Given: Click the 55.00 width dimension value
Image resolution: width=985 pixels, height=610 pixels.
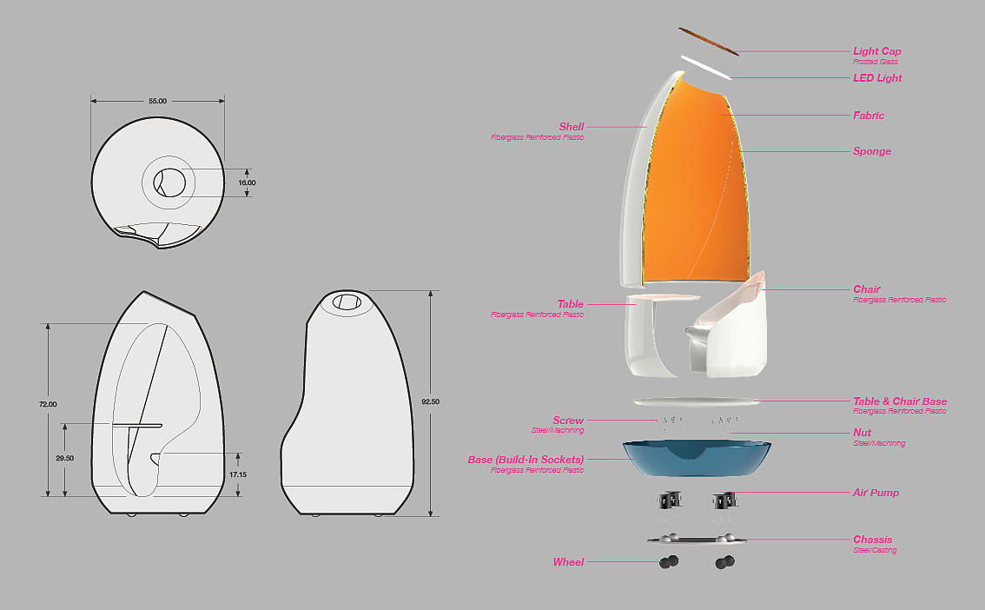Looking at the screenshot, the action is pyautogui.click(x=157, y=102).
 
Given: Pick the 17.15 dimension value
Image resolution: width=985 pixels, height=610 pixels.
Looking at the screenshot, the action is pyautogui.click(x=237, y=474).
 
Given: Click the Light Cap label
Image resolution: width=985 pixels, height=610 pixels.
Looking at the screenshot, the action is pyautogui.click(x=876, y=51).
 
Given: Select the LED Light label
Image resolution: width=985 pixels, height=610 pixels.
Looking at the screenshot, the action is pyautogui.click(x=877, y=78).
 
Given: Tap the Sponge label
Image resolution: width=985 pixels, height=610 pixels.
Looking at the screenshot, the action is pyautogui.click(x=872, y=151).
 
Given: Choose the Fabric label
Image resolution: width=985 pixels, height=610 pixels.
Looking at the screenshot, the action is pyautogui.click(x=869, y=116).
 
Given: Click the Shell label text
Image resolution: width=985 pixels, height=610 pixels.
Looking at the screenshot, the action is pyautogui.click(x=572, y=127).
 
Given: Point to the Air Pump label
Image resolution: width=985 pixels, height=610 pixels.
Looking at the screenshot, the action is pyautogui.click(x=876, y=493).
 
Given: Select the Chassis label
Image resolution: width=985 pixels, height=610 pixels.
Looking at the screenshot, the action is pyautogui.click(x=872, y=540).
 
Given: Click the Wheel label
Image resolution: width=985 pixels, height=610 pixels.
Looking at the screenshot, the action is pyautogui.click(x=568, y=562).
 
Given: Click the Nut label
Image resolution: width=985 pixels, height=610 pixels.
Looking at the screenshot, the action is pyautogui.click(x=862, y=433).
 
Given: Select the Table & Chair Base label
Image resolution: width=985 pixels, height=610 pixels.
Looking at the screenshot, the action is pyautogui.click(x=900, y=401).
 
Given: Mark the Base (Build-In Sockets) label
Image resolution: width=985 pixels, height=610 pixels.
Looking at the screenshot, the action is pyautogui.click(x=526, y=460).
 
